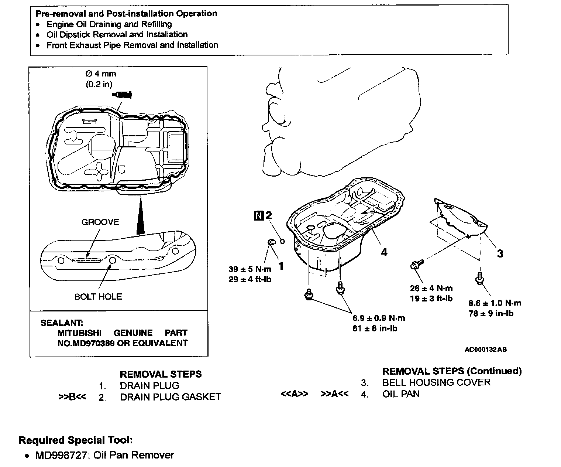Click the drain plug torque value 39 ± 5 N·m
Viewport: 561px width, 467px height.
coord(250,269)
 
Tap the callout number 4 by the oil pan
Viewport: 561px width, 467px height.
coord(384,252)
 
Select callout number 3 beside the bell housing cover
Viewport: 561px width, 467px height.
coord(500,253)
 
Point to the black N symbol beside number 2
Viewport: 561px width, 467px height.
coord(259,215)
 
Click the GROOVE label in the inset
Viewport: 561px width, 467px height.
coord(100,222)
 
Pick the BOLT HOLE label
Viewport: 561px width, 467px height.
coord(98,297)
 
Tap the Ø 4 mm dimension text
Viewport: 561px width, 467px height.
coord(100,74)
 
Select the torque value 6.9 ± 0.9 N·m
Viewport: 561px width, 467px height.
coord(379,318)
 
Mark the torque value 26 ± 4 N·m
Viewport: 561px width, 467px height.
coord(431,288)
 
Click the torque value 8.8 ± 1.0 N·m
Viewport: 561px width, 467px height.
coord(495,303)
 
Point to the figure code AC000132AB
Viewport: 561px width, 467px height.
coord(486,350)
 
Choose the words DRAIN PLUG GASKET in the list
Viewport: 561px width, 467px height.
coord(171,397)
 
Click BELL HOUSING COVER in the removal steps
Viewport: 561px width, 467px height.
coord(436,382)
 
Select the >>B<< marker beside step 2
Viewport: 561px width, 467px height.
coord(72,397)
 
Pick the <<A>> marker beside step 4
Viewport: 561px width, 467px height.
coord(295,394)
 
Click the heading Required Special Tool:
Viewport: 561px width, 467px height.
coord(76,440)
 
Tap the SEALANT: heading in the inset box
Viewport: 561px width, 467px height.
coord(62,323)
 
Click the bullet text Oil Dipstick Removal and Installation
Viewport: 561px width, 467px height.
coord(117,34)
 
